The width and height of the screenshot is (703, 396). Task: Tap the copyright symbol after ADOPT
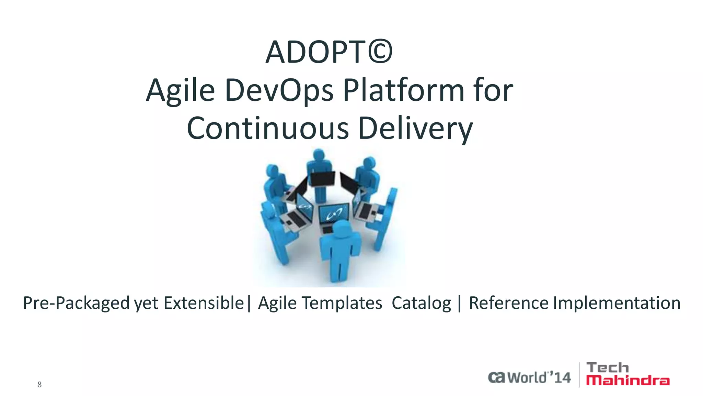[380, 53]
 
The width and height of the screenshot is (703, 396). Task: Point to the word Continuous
[268, 128]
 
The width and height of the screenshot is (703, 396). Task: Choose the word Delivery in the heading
[415, 128]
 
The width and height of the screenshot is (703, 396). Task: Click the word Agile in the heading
[181, 91]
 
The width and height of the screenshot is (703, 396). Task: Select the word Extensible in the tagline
[204, 303]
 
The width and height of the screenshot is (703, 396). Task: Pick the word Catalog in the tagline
[421, 303]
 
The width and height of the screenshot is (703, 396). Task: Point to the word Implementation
[616, 303]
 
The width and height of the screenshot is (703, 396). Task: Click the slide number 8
[39, 385]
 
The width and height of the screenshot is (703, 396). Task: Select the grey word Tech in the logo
[608, 368]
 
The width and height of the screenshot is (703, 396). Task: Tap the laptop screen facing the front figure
[333, 213]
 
